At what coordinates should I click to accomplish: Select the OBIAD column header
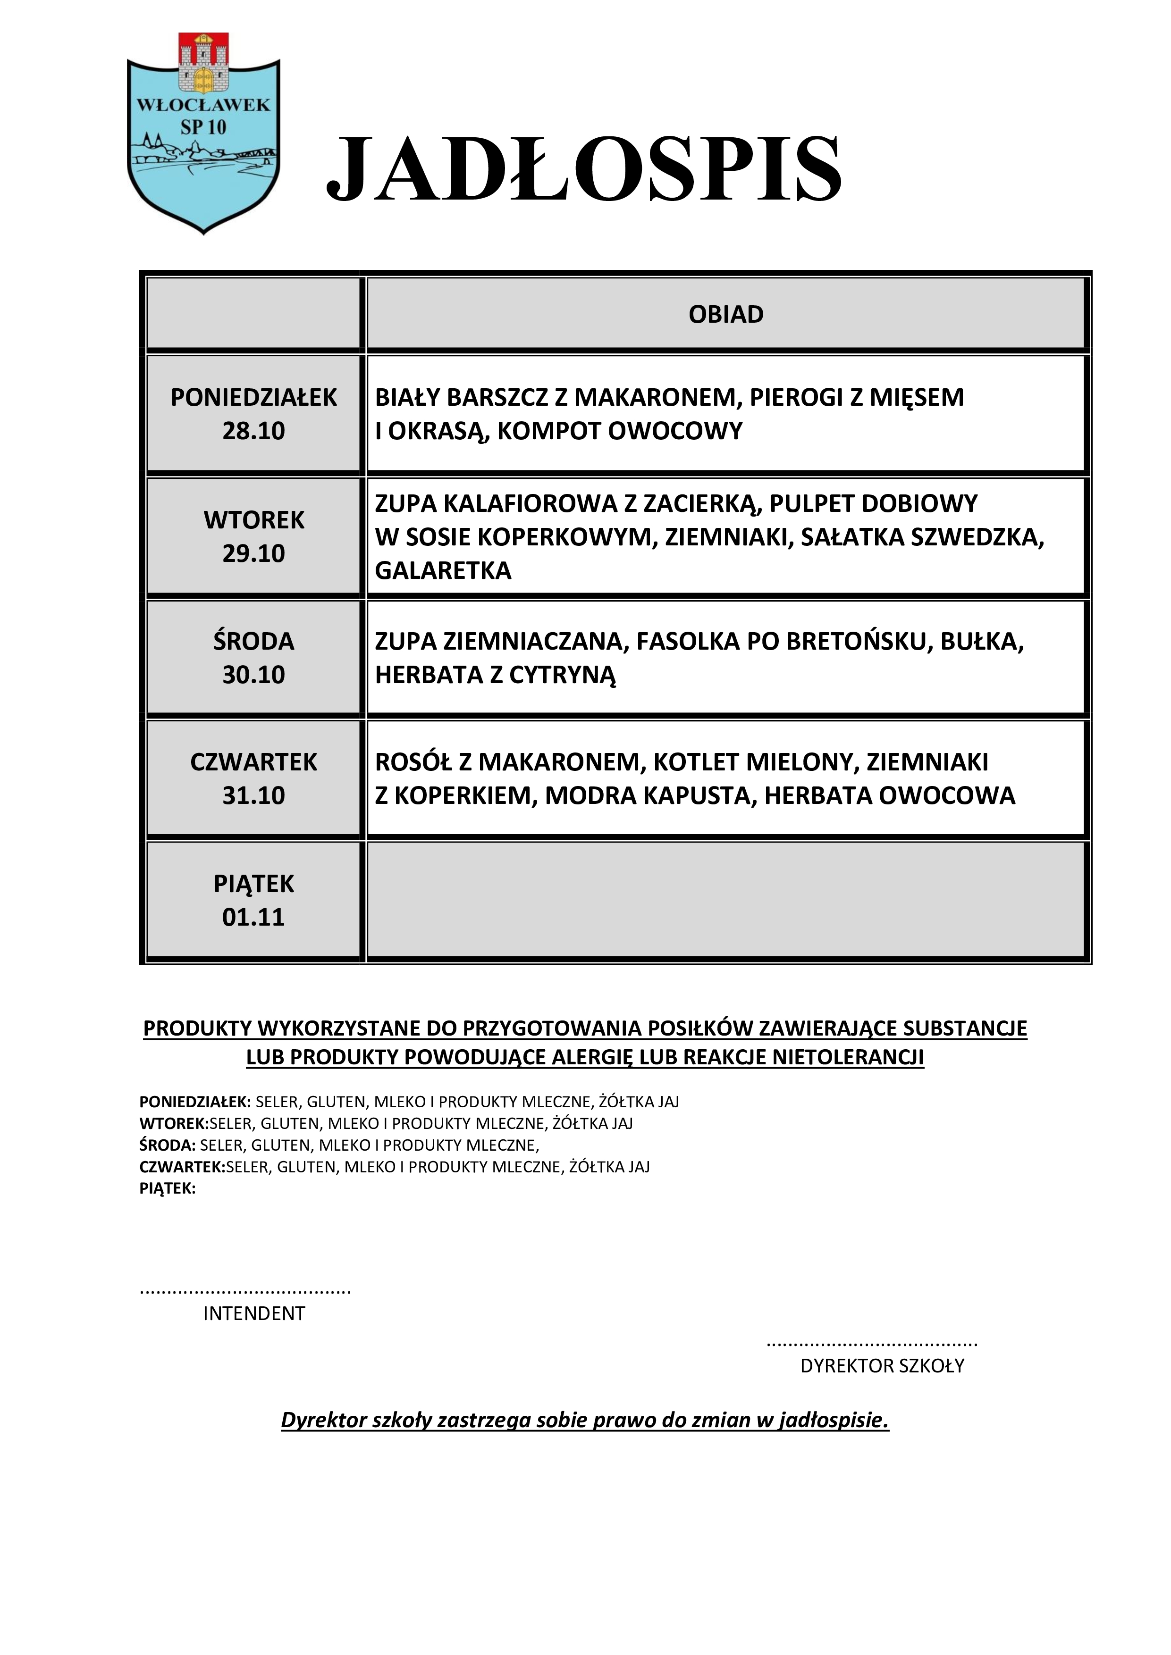[x=725, y=314]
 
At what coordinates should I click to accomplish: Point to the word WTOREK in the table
[x=254, y=520]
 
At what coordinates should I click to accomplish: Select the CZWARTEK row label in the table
[x=254, y=762]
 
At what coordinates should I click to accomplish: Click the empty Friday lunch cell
[x=725, y=900]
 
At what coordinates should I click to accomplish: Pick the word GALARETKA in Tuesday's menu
[x=443, y=570]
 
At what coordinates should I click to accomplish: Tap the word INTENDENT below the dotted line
[x=254, y=1313]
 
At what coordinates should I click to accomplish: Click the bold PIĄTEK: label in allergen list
[x=167, y=1188]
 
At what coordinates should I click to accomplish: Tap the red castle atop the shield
[x=203, y=63]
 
